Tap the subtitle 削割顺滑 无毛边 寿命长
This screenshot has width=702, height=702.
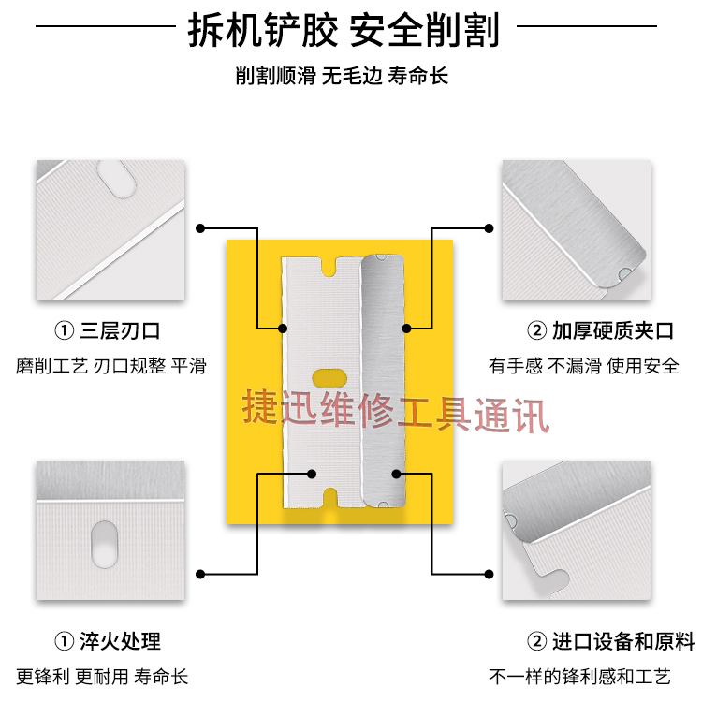coord(343,76)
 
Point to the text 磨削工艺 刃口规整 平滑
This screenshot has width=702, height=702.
coord(110,365)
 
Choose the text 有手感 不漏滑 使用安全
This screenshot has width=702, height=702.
coord(584,365)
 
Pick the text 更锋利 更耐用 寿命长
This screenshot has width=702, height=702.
coord(102,676)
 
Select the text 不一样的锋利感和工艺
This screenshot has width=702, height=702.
coord(580,676)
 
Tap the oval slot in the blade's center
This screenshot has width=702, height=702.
coord(329,378)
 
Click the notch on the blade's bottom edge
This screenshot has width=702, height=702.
coord(329,494)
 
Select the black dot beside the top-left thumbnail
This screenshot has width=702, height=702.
coord(200,227)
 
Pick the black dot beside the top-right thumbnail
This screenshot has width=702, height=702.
coord(489,227)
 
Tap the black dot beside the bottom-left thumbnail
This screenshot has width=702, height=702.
coord(200,573)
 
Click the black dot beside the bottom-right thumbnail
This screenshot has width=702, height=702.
coord(489,573)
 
